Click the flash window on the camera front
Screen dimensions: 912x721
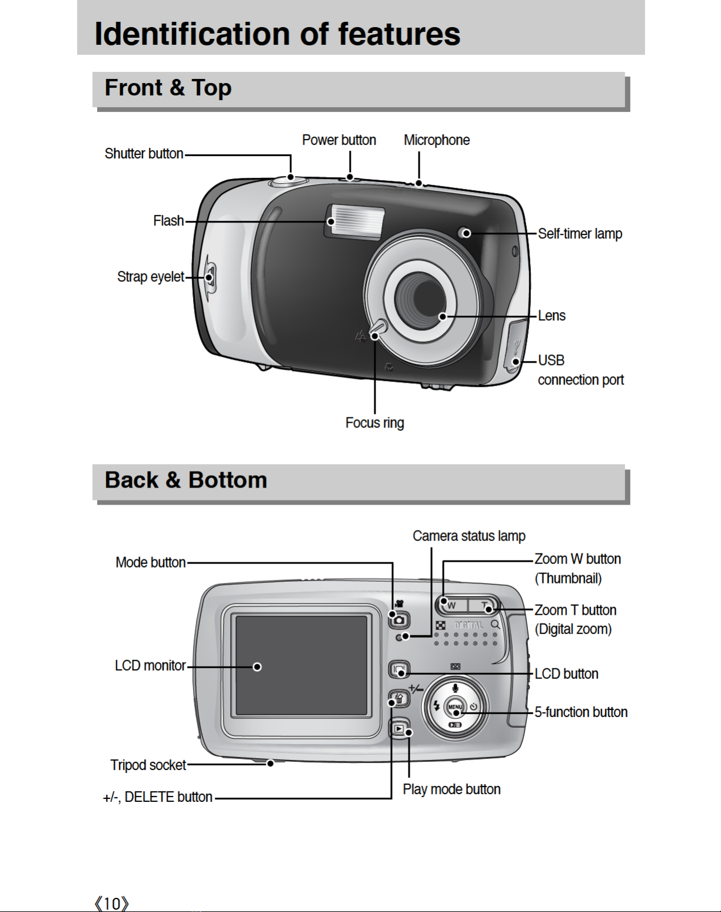coord(355,221)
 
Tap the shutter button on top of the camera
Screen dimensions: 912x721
coord(290,180)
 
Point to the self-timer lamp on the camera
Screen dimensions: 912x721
coord(465,233)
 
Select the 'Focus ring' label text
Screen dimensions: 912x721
coord(374,423)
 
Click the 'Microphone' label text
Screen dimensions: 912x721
coord(436,140)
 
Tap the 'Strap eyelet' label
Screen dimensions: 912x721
coord(150,277)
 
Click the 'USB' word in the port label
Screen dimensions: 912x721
coord(551,360)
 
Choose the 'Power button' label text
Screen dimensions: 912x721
coord(338,140)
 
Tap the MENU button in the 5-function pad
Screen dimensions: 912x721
coord(455,708)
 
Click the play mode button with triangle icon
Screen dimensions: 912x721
coord(399,729)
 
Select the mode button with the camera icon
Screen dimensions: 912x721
coord(398,619)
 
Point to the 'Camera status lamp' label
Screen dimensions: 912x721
coord(469,536)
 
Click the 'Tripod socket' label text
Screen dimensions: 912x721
coord(148,765)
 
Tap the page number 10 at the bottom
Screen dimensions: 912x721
coord(111,903)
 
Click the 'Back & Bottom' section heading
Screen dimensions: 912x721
coord(185,480)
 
